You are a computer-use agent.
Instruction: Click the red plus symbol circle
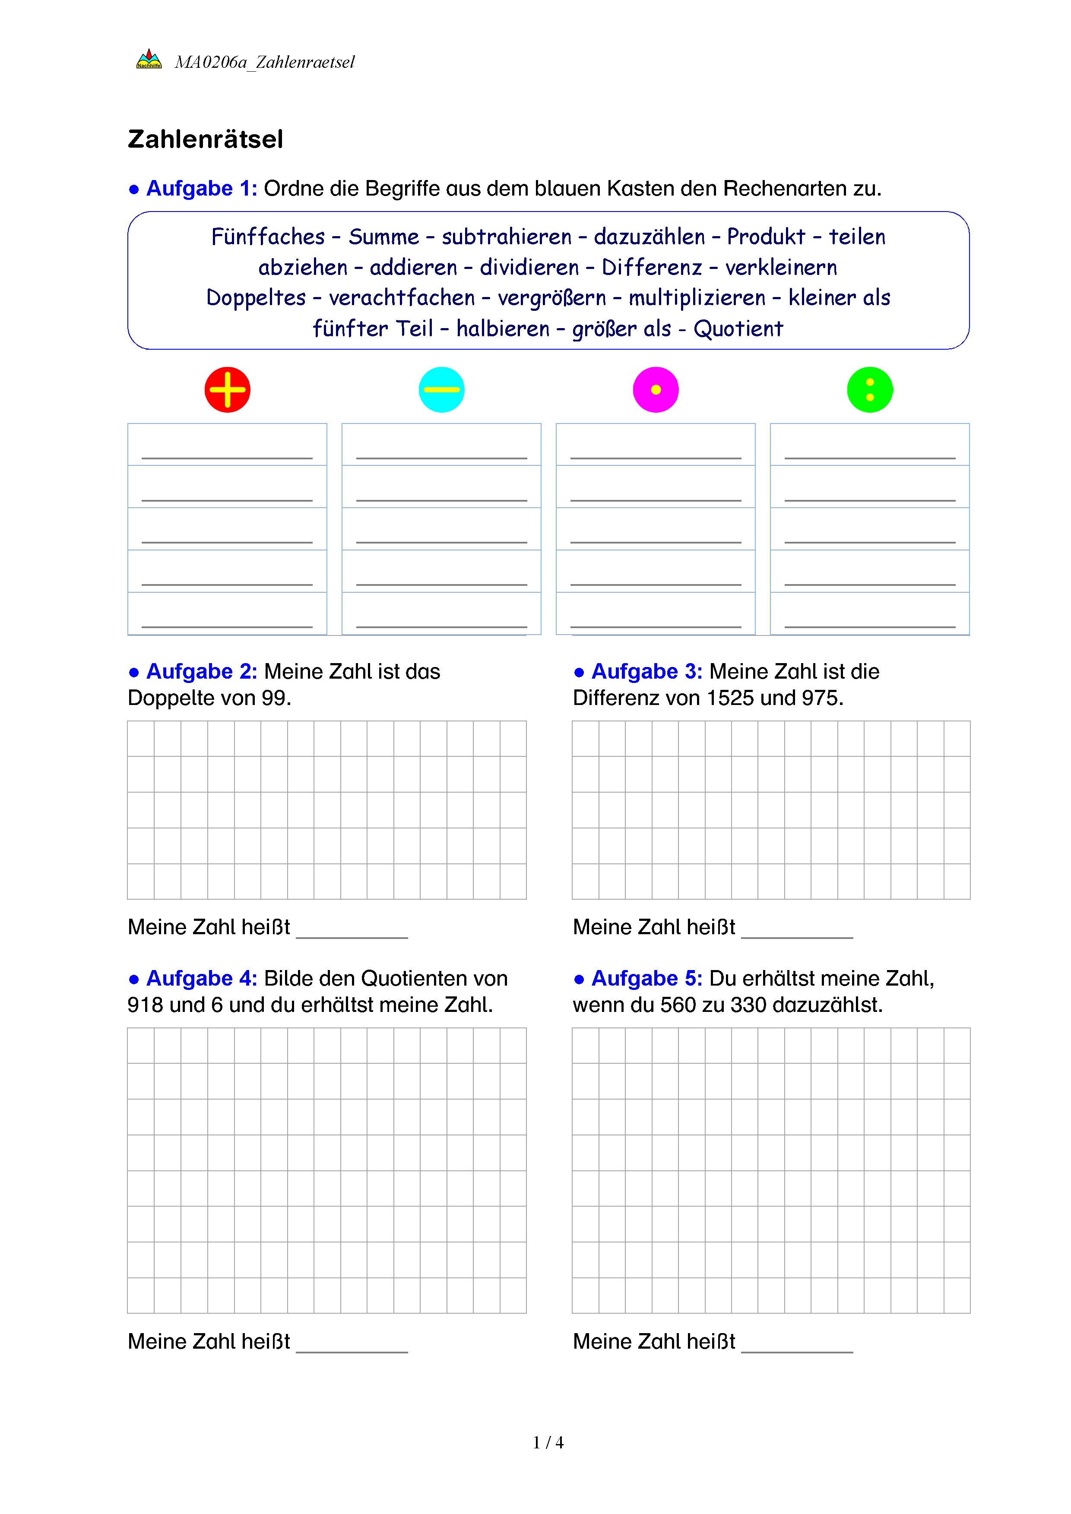coord(228,390)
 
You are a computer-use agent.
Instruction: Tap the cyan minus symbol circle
coord(442,390)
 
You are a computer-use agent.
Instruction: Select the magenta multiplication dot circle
coord(656,390)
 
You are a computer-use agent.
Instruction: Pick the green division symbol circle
coord(870,390)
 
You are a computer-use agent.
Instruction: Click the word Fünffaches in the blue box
coord(268,237)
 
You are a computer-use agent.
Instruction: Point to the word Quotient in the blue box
coord(738,329)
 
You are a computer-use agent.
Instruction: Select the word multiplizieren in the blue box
coord(697,298)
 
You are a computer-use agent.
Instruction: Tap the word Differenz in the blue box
coord(652,268)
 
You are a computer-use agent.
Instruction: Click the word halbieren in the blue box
coord(503,329)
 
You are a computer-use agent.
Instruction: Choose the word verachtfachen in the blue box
coord(402,298)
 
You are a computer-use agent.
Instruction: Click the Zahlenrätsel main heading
coord(205,139)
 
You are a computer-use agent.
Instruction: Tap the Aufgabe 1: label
coord(201,189)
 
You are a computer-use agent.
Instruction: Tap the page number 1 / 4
coord(548,1443)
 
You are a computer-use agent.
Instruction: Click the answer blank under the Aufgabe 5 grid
coord(797,1345)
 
